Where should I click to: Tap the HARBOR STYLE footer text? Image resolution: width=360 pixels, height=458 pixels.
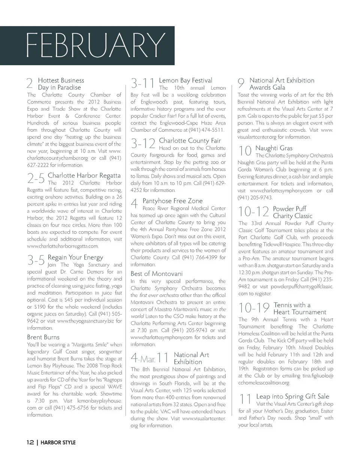[x=58, y=443]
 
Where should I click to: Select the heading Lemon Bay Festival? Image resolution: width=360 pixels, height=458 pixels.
[x=186, y=80]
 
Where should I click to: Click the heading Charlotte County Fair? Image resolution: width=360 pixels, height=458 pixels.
[x=190, y=141]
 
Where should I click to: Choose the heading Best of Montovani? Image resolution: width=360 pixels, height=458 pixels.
[x=156, y=273]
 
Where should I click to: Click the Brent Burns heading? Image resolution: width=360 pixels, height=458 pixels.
[x=43, y=337]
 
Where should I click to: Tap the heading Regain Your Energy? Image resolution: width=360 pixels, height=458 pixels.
[x=75, y=258]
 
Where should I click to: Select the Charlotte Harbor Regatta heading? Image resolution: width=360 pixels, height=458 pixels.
[x=84, y=176]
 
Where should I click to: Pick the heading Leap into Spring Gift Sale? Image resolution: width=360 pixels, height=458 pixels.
[x=292, y=396]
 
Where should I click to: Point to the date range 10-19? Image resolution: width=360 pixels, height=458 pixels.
[x=254, y=308]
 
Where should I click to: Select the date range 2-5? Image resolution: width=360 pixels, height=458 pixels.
[x=36, y=178]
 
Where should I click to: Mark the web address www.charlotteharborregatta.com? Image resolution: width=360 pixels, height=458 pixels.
[x=63, y=246]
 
